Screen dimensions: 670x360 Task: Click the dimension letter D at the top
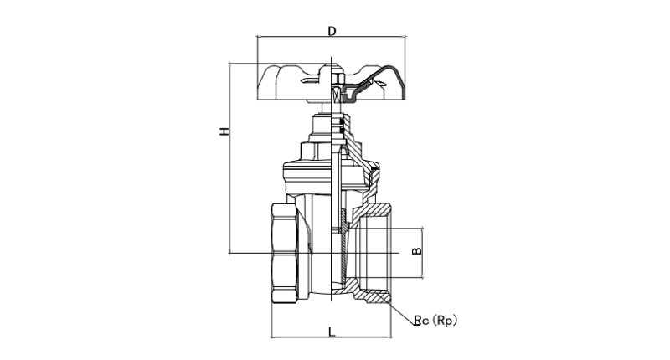pos(332,31)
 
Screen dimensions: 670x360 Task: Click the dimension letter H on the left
pos(224,131)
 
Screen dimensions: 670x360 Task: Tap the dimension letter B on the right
pos(416,251)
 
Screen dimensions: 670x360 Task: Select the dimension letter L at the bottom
pos(332,332)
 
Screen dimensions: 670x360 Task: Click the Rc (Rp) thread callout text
pos(435,320)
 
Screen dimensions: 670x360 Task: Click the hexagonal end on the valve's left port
pos(284,253)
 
